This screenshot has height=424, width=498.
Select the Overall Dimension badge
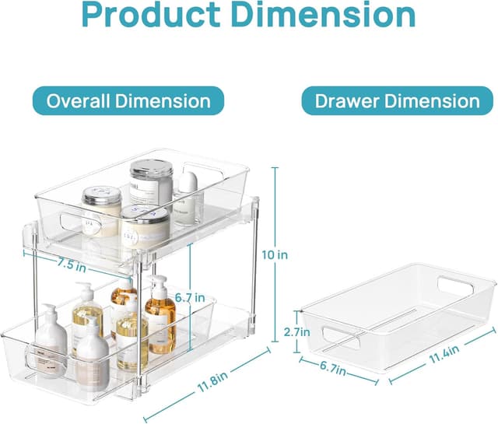128,101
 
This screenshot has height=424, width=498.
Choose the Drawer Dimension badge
397,101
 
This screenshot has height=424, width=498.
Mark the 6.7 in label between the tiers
189,297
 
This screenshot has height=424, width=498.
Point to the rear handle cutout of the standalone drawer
453,285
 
